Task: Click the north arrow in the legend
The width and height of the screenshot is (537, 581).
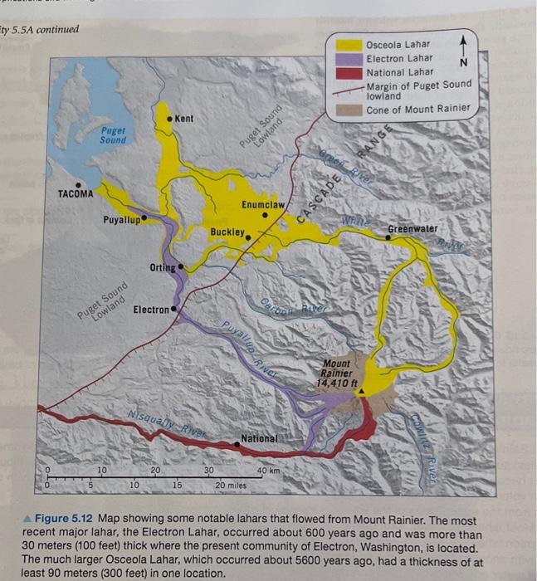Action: pos(464,51)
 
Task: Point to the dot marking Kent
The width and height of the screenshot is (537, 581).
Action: pos(168,120)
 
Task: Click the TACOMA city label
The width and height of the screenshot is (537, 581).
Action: pos(76,194)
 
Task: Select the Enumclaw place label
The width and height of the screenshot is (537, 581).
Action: pos(264,204)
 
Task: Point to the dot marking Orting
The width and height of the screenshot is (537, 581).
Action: pos(180,267)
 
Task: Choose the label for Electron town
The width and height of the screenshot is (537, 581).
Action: pos(150,309)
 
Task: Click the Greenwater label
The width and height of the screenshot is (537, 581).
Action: pos(413,228)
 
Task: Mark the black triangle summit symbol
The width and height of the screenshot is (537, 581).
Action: pos(361,396)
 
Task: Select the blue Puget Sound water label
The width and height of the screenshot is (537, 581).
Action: pos(114,135)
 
